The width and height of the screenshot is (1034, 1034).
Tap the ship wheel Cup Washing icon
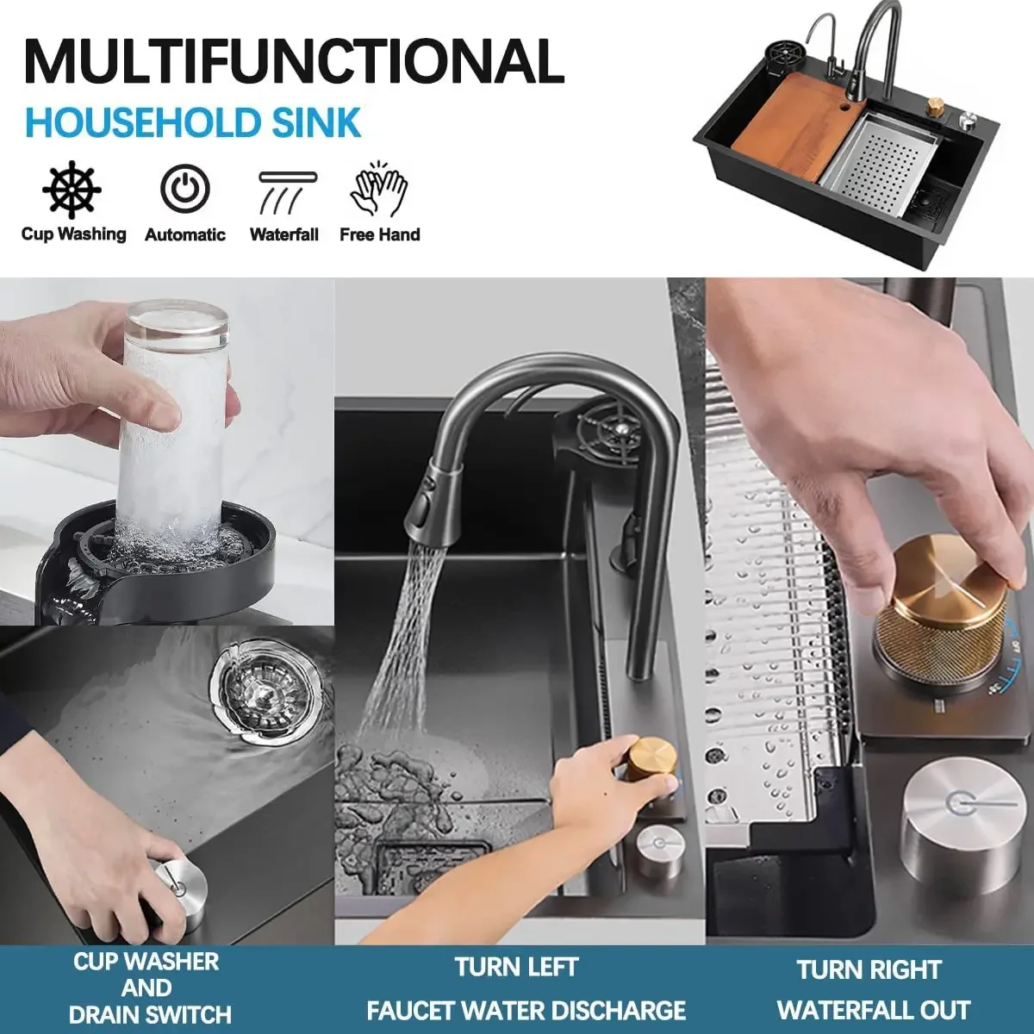pyautogui.click(x=72, y=189)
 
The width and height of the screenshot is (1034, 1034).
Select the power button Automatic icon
pyautogui.click(x=184, y=189)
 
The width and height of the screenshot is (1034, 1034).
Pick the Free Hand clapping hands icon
pyautogui.click(x=379, y=189)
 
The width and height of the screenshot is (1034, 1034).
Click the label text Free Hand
pyautogui.click(x=379, y=234)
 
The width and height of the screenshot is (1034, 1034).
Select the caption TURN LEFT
pyautogui.click(x=516, y=967)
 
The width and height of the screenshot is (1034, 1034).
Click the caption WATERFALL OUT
pyautogui.click(x=873, y=1010)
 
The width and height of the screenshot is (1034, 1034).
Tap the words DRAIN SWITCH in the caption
pyautogui.click(x=150, y=1015)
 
